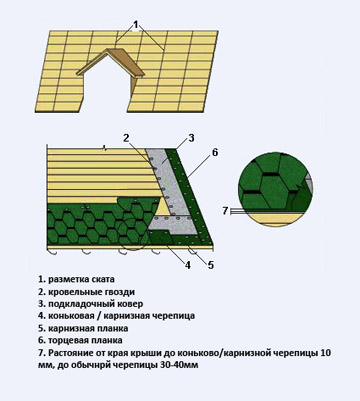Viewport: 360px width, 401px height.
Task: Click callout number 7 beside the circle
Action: (227, 209)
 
